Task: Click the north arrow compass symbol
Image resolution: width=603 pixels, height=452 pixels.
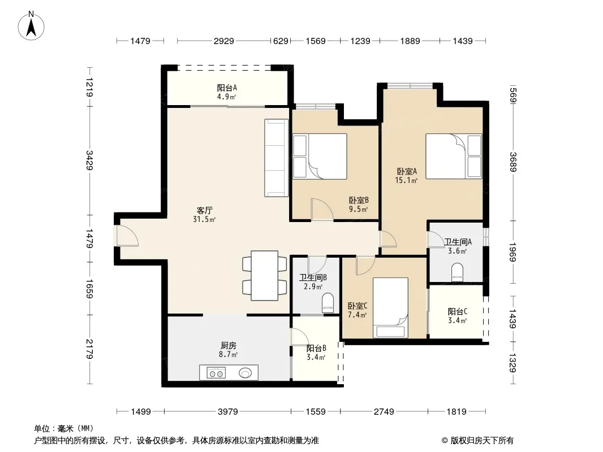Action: click(31, 26)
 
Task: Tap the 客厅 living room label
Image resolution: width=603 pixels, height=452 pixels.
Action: click(205, 210)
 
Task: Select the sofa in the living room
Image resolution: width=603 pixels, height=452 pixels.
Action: click(276, 158)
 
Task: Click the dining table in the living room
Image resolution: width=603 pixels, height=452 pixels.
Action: click(265, 275)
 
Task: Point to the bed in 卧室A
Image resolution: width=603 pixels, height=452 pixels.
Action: click(454, 157)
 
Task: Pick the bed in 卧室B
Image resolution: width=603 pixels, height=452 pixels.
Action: click(320, 157)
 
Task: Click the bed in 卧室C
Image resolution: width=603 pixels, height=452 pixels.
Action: click(390, 307)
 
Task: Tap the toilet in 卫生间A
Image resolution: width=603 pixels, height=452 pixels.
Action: click(457, 271)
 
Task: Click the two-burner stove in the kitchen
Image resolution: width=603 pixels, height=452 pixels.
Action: click(216, 373)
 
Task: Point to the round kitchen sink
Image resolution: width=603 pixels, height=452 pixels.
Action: click(245, 372)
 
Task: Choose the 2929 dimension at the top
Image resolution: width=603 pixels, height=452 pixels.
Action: click(224, 41)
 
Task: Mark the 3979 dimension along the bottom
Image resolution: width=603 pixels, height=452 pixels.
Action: click(227, 412)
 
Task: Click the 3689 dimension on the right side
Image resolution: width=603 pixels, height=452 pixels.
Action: click(513, 162)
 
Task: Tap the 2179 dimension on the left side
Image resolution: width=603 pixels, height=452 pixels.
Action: click(89, 349)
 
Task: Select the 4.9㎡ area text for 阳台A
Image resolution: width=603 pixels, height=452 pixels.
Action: click(226, 97)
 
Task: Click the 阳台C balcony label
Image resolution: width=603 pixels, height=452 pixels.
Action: click(458, 311)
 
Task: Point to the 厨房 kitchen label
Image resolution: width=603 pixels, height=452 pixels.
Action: click(229, 346)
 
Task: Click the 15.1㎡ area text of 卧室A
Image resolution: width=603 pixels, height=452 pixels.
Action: click(406, 180)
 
